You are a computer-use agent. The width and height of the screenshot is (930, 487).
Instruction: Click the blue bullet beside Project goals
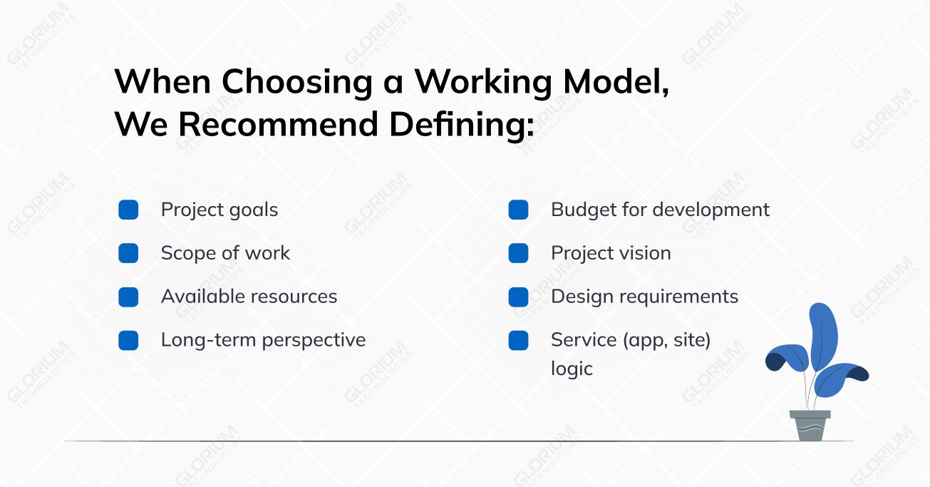pyautogui.click(x=128, y=210)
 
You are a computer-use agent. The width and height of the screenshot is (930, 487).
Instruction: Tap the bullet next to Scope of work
pyautogui.click(x=128, y=253)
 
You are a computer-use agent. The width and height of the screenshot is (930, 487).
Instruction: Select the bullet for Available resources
pyautogui.click(x=128, y=297)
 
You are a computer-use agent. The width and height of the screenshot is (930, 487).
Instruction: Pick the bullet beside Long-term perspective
pyautogui.click(x=128, y=340)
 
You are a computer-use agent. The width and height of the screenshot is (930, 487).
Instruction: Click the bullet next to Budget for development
pyautogui.click(x=518, y=210)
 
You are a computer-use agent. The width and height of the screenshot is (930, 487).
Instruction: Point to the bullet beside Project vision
pyautogui.click(x=518, y=253)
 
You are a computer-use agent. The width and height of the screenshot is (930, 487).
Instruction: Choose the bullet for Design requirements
pyautogui.click(x=518, y=297)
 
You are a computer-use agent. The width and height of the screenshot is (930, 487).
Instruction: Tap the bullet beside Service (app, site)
pyautogui.click(x=518, y=340)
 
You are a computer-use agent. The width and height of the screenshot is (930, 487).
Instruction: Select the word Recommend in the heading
pyautogui.click(x=277, y=124)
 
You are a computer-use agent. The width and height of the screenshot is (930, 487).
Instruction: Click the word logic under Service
pyautogui.click(x=572, y=369)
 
